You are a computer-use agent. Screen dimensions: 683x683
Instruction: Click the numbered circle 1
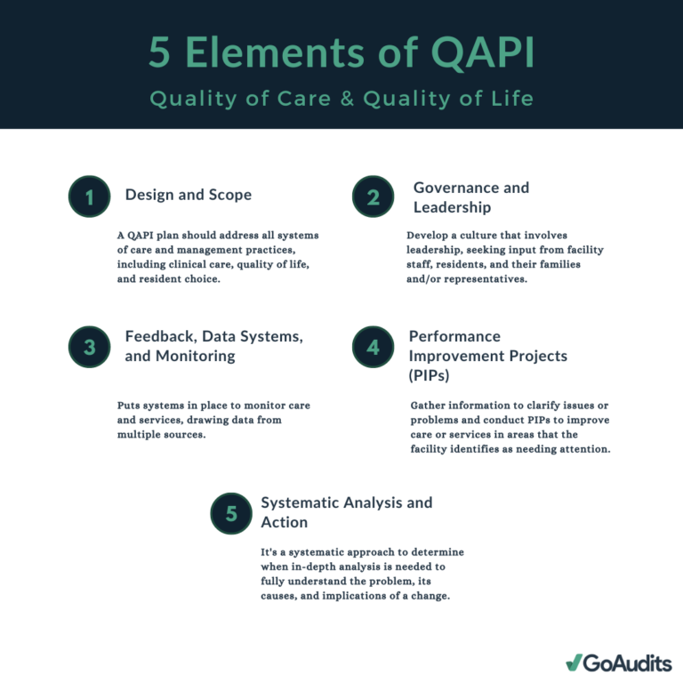pos(89,197)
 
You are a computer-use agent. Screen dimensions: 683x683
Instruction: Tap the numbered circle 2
pos(373,197)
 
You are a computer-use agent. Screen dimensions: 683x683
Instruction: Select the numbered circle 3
pos(89,347)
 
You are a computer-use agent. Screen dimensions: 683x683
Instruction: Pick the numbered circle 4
pos(373,347)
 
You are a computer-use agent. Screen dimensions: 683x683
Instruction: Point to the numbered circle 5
pos(231,513)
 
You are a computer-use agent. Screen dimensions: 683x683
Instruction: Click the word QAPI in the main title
pos(483,53)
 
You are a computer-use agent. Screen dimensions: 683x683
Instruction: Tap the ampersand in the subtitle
pos(347,99)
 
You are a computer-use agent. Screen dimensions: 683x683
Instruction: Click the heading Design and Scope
pos(189,194)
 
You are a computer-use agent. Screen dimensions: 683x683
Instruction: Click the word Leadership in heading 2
pos(452,207)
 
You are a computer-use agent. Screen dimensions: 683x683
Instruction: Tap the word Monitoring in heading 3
pos(195,357)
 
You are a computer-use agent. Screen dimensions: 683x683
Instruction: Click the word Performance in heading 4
pos(454,336)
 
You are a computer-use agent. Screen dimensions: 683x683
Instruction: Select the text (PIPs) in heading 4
pos(429,375)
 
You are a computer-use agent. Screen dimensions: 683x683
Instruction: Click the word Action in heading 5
pos(284,522)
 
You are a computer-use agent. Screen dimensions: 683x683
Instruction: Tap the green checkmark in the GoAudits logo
pos(575,662)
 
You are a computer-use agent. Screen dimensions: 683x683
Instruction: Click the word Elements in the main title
pos(275,52)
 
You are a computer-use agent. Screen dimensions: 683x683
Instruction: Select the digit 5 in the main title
pos(159,52)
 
